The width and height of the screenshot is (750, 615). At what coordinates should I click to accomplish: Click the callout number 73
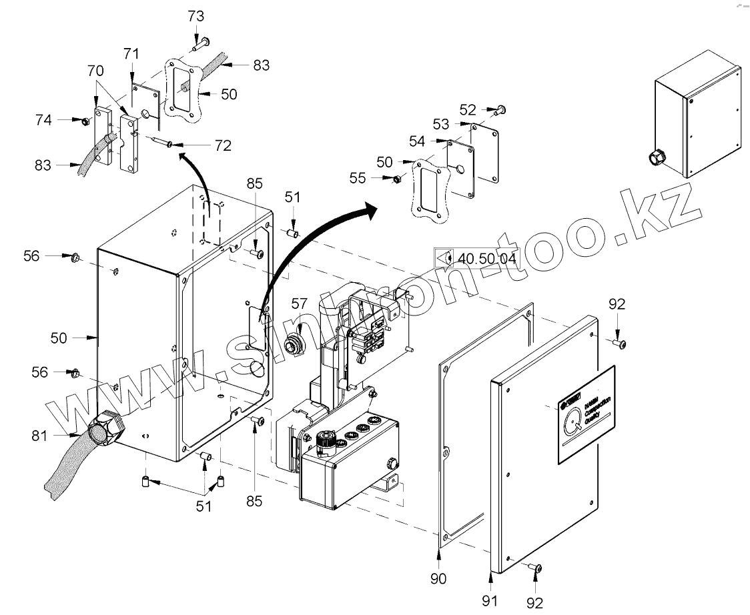[x=196, y=17]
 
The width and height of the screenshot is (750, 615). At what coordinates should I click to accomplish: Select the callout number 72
[x=223, y=145]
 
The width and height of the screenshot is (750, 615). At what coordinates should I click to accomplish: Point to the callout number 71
[x=132, y=53]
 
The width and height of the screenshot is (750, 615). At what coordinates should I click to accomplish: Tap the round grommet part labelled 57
[x=292, y=345]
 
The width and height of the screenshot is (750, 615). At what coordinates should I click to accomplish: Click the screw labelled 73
[x=202, y=44]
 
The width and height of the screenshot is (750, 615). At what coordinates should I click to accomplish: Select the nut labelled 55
[x=394, y=179]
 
